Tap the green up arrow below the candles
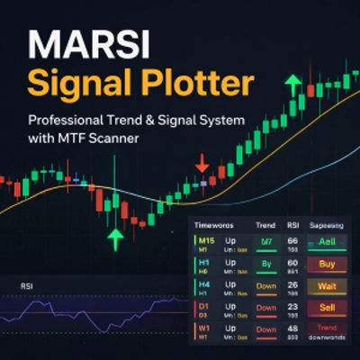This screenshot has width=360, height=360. [x=114, y=238]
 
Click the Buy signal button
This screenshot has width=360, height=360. [x=327, y=265]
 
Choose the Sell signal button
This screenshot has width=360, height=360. [x=327, y=308]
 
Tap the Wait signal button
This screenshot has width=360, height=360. [x=327, y=286]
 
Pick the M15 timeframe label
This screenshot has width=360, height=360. [x=207, y=241]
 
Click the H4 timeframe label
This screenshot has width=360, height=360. [x=205, y=285]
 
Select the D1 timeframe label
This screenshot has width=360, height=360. [x=205, y=307]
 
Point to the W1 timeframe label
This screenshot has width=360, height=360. [x=205, y=328]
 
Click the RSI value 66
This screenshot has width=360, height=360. [x=293, y=242]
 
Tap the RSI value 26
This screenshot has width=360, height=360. [x=293, y=285]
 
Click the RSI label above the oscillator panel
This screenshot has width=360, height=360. [x=25, y=286]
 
